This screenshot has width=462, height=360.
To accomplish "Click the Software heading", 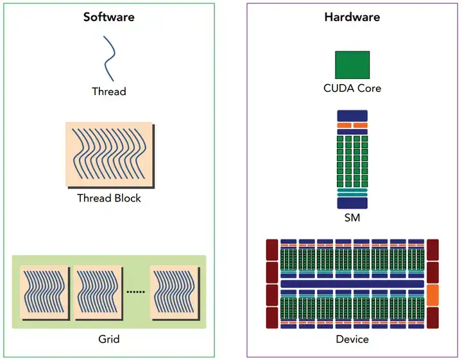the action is coord(108,17).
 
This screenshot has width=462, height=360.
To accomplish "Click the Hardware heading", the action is coord(352,17).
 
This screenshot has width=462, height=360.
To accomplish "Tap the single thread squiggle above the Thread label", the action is coord(109,58).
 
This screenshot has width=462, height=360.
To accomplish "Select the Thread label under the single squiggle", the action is coord(109,91).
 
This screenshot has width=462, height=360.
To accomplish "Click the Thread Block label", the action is coord(109,198).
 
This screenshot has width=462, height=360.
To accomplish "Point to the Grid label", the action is coord(109,339).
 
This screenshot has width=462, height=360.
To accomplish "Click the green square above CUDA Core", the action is coord(352,65).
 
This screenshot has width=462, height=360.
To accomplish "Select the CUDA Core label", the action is coord(352,88).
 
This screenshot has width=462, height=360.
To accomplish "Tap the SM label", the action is coord(352,218).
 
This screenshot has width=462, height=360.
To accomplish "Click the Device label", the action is coord(352,339).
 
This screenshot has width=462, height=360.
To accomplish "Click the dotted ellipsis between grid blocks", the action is coord(135,291).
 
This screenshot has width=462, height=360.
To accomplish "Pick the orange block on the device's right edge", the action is coord(432,295).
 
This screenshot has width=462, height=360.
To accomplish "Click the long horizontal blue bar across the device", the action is coord(352,284).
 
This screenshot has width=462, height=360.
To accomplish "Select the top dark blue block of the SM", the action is coord(352,116).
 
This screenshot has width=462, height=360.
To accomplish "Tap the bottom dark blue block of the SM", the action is coord(352,203).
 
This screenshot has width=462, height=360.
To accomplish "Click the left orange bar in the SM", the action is coord(344,126).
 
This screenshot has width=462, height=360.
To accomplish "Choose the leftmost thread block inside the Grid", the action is coord(45,293).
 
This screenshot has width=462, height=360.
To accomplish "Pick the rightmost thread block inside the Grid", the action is coord(175,293).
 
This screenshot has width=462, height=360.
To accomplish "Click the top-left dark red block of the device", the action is coord(272,250).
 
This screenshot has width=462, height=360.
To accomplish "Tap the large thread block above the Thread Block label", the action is coord(110,155).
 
